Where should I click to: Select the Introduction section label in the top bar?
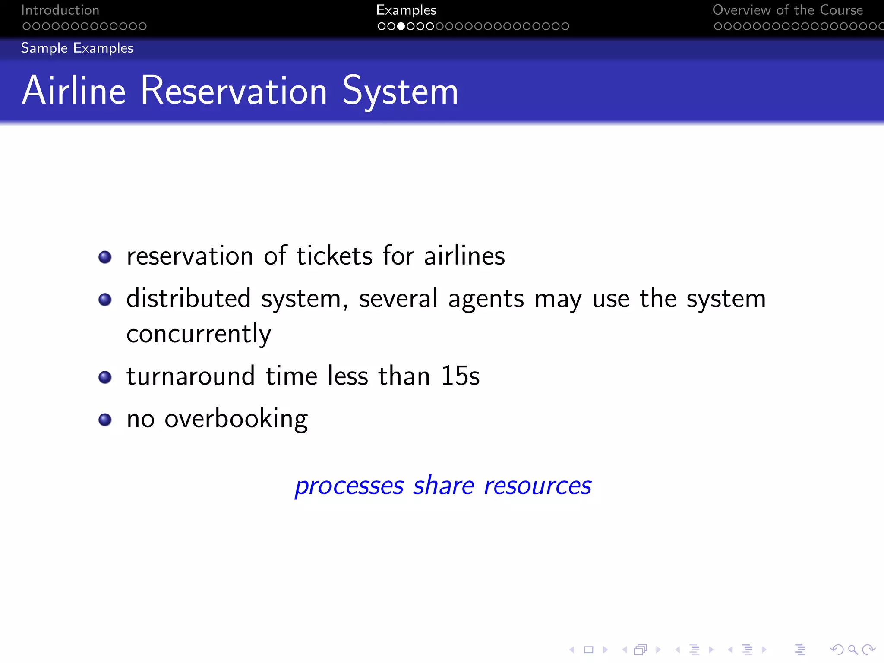point(60,10)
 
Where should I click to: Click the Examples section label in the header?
point(406,10)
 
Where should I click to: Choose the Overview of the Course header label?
point(787,10)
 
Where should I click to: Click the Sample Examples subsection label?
point(77,48)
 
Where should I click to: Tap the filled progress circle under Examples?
point(401,26)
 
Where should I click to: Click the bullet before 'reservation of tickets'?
point(105,257)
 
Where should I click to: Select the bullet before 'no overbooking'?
point(105,420)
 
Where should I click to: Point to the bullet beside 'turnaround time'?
point(105,377)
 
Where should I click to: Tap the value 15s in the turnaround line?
point(460,376)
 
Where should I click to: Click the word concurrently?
point(199,334)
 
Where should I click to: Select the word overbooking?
point(236,419)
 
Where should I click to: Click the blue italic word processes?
point(349,486)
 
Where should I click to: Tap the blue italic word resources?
point(537,486)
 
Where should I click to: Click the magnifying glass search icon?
point(852,650)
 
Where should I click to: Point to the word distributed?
point(189,299)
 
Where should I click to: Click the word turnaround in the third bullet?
point(190,376)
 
